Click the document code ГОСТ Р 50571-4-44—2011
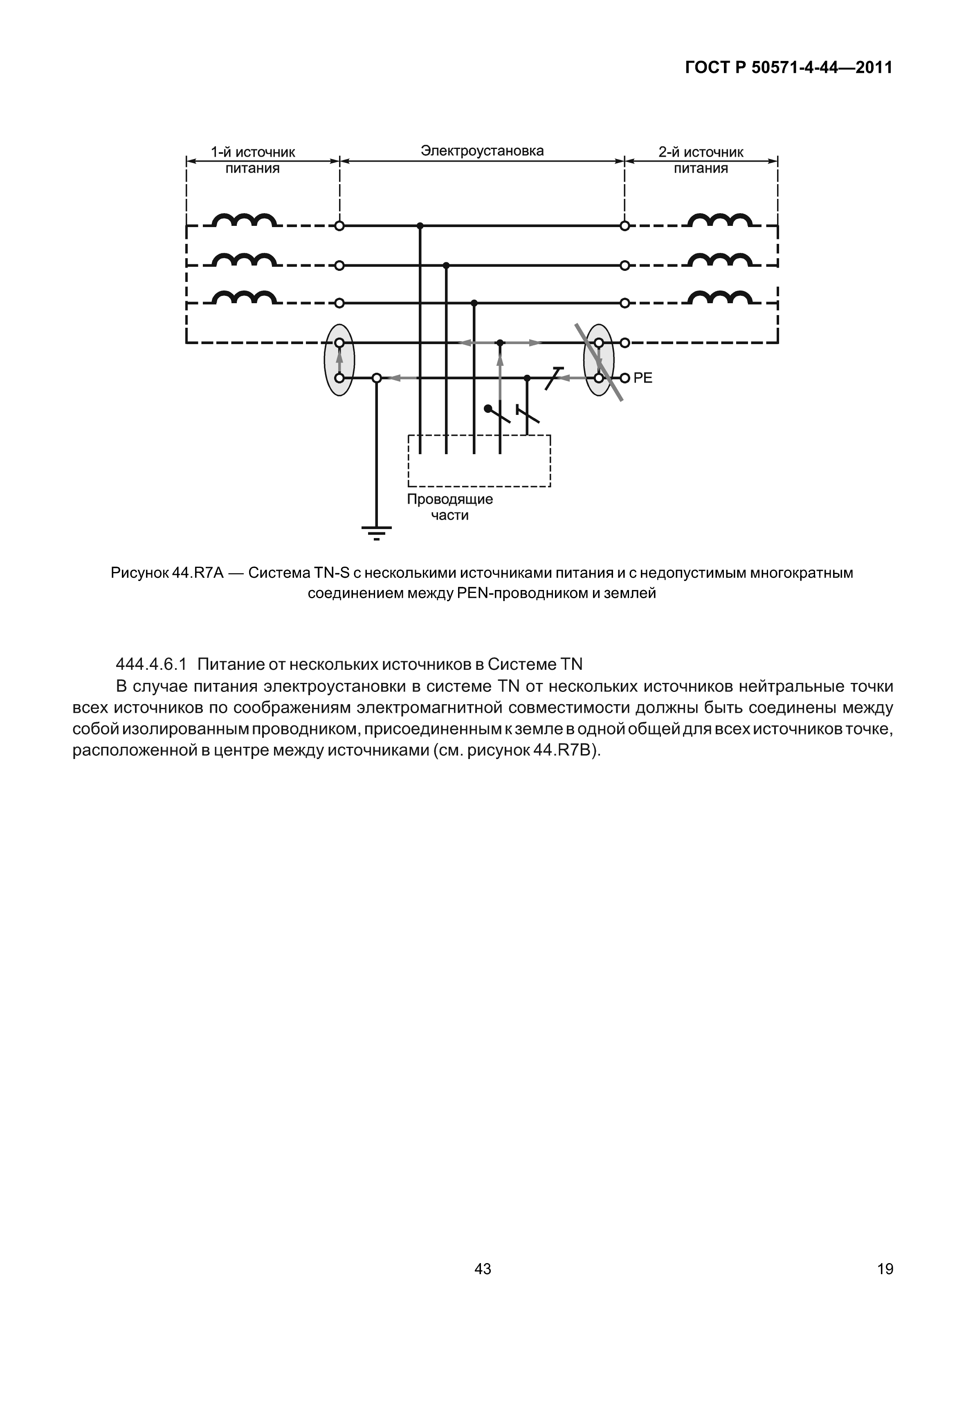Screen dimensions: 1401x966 788,67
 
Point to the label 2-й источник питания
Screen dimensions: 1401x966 701,160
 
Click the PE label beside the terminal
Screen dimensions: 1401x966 643,378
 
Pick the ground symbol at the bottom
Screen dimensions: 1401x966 377,531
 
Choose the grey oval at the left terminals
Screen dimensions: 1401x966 339,360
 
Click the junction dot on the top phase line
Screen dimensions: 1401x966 420,226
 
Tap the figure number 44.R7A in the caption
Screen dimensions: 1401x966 198,573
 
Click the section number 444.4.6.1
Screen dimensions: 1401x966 151,664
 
